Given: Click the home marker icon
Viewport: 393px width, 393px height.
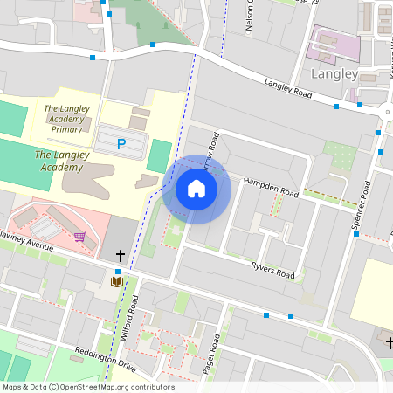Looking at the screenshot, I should [x=196, y=189].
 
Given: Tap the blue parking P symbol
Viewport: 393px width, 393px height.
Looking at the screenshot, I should [x=121, y=143].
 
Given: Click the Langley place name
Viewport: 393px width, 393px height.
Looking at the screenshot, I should [x=334, y=74].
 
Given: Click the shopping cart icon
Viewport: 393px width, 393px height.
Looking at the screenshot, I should [x=79, y=236].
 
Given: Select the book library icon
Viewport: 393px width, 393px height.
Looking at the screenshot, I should [x=116, y=281].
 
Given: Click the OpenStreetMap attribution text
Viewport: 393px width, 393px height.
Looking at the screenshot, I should [x=87, y=387].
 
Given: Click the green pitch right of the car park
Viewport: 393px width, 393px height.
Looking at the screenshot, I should [x=159, y=155].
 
